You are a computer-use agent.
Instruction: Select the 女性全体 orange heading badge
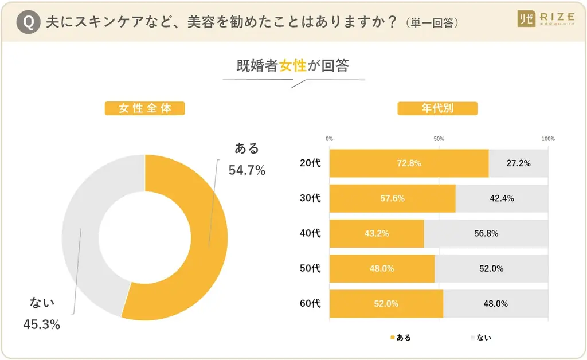145,108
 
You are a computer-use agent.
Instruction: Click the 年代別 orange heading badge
437,108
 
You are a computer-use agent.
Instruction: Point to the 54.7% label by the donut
247,170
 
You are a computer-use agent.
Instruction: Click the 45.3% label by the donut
42,324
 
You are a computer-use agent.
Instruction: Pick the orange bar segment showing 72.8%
409,163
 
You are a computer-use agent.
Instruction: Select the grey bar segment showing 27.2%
518,163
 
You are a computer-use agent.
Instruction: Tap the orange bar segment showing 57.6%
392,199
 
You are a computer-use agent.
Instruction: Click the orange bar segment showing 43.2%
377,234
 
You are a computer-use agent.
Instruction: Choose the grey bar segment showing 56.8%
486,234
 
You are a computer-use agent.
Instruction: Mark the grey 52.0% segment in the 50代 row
491,269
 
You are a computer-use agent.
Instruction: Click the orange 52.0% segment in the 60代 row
386,304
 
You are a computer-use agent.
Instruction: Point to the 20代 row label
310,163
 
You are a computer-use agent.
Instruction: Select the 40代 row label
310,234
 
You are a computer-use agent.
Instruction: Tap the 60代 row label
310,304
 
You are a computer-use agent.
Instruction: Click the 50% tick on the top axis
439,139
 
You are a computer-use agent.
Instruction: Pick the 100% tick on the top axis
548,139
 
